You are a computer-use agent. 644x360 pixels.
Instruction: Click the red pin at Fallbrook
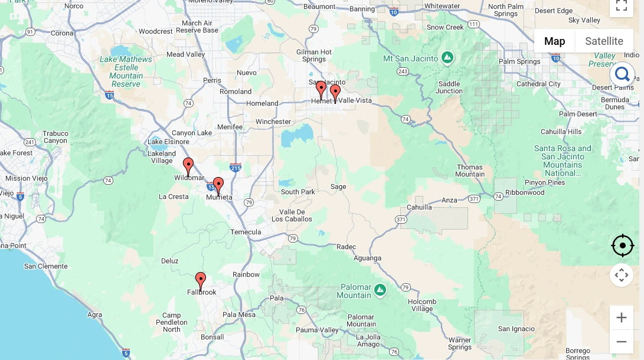201,280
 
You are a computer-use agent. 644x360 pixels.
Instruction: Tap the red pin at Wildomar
188,165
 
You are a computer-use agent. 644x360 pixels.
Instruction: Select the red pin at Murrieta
218,185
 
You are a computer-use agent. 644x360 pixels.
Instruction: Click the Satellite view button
604,41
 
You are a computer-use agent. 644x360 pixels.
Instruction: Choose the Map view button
554,41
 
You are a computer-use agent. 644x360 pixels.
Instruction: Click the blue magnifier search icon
622,74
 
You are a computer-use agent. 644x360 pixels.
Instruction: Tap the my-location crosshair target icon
622,246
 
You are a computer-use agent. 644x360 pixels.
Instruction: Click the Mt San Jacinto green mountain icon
448,58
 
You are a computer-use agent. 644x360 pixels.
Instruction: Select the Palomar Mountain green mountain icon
380,289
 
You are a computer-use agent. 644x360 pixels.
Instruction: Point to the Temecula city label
246,232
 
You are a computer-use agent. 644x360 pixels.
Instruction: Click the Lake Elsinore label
168,142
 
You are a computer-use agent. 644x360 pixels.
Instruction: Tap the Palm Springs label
519,61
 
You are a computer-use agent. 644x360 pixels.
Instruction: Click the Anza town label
449,200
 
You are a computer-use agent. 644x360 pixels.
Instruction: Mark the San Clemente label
46,266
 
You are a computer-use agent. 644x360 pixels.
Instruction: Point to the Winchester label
273,122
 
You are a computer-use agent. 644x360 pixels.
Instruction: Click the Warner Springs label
460,344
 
